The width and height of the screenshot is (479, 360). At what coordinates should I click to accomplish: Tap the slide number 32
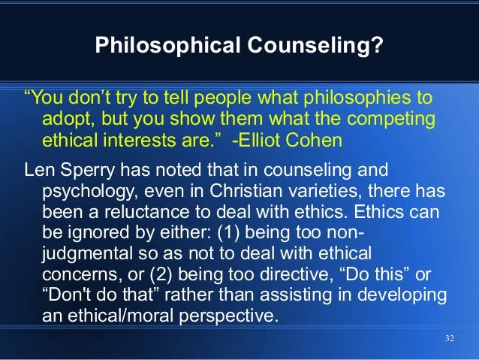(450, 337)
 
